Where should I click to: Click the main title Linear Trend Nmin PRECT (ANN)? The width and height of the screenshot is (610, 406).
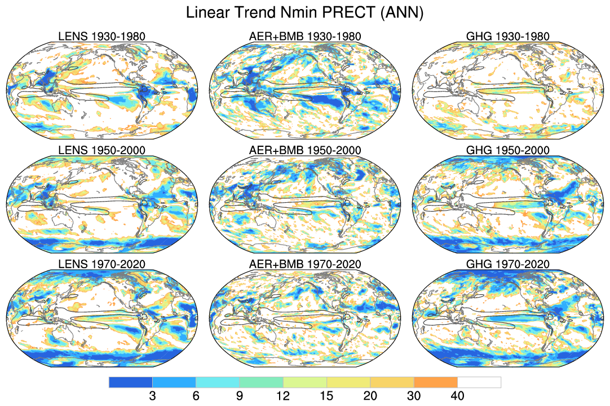tap(304, 13)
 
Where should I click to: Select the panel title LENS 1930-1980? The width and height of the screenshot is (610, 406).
tap(102, 37)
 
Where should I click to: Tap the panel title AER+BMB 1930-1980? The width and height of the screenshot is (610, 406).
tap(305, 37)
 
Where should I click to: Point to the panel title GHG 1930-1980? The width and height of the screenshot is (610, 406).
tap(508, 37)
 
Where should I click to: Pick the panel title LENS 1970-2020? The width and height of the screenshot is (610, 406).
tap(102, 264)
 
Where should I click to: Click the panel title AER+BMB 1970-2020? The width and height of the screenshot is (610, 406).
tap(305, 264)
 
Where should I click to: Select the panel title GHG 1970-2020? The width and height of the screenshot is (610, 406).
tap(508, 264)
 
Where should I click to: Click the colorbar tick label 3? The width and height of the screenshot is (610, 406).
tap(152, 396)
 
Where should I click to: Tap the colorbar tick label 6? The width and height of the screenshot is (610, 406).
tap(196, 396)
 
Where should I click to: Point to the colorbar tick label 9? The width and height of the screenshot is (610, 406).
tap(240, 396)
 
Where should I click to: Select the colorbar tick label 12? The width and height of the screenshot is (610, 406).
tap(283, 396)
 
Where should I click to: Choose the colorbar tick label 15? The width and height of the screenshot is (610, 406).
tap(326, 396)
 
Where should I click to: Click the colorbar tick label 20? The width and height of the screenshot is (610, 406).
tap(370, 396)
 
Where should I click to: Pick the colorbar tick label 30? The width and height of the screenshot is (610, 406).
tap(414, 396)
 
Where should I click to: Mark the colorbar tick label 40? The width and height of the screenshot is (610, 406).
tap(457, 396)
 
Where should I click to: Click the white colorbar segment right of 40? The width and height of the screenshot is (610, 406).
tap(479, 382)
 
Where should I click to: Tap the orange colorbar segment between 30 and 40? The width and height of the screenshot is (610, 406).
tap(435, 382)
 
